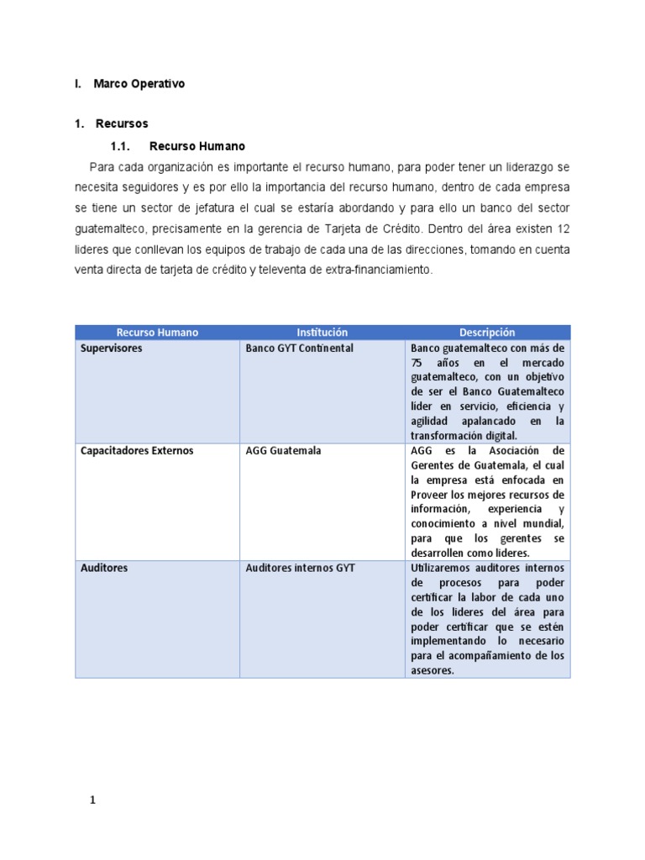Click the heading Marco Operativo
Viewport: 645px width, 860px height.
coord(139,84)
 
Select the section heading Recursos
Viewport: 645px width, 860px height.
coord(122,124)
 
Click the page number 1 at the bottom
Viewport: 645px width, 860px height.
coord(93,800)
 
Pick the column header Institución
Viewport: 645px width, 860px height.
coord(322,333)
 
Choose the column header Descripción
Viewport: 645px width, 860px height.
coord(487,333)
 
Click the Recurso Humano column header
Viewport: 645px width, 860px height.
coord(157,333)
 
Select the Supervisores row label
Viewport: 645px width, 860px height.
coord(112,349)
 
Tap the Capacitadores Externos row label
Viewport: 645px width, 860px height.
coord(137,451)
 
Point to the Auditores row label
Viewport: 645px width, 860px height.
coord(104,569)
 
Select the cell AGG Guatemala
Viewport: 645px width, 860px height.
coord(283,451)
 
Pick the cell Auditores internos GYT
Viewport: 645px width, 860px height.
coord(300,569)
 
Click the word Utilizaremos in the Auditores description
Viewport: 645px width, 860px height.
coord(444,569)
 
